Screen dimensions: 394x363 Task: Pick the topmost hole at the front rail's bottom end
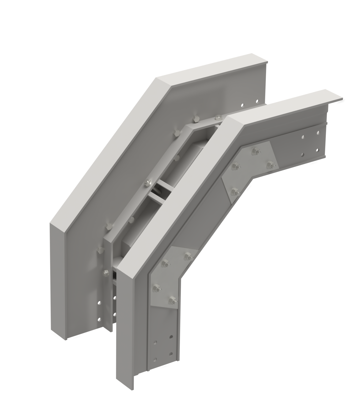point(172,336)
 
